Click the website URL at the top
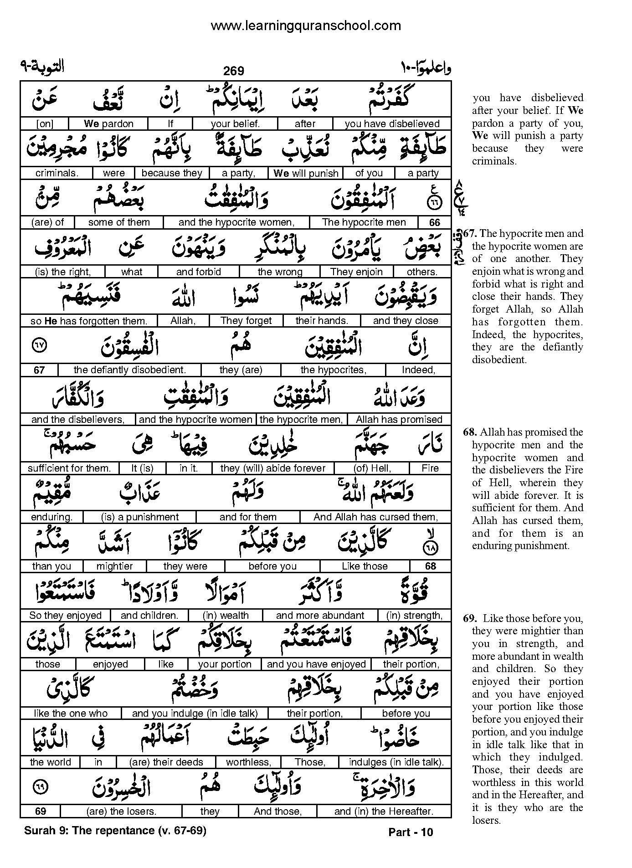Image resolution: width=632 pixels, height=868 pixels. click(306, 26)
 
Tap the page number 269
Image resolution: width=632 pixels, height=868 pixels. click(234, 71)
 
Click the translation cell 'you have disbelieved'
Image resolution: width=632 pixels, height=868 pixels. click(392, 124)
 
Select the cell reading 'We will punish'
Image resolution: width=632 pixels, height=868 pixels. click(306, 173)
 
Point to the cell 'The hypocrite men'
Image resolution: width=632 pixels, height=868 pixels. click(364, 222)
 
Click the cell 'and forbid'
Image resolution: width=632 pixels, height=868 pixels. click(198, 272)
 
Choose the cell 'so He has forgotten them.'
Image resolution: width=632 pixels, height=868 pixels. click(88, 321)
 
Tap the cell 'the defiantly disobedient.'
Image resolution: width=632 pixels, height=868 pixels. click(129, 370)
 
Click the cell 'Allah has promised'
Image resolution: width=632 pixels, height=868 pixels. click(399, 419)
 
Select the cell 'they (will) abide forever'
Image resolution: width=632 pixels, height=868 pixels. click(272, 468)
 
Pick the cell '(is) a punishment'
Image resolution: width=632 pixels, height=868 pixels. click(140, 517)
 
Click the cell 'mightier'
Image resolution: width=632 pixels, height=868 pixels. click(114, 566)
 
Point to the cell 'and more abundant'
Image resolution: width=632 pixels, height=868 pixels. click(320, 616)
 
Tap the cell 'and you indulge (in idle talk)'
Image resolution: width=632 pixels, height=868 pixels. click(195, 714)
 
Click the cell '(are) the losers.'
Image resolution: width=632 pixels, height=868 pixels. click(121, 812)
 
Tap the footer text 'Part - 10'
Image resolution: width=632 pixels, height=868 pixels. click(411, 832)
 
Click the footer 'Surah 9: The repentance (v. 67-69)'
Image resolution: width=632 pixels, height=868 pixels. click(115, 831)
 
